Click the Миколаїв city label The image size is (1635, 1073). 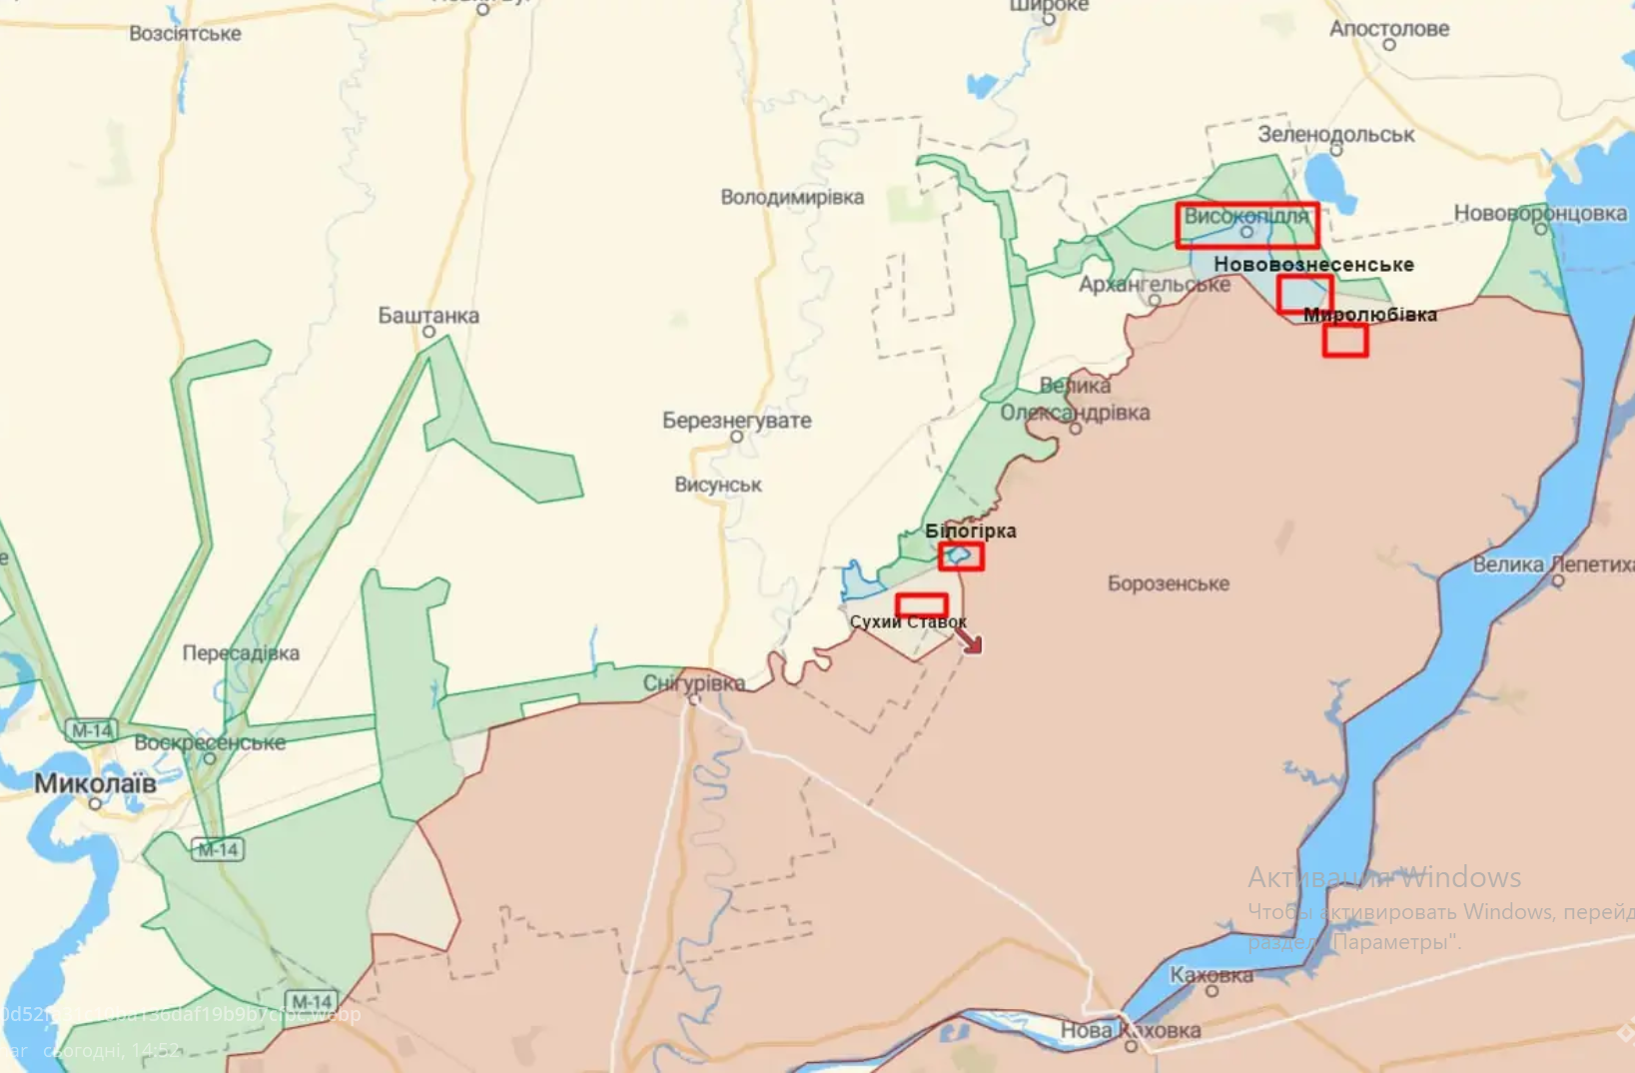(x=95, y=783)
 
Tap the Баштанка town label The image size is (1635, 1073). (x=427, y=316)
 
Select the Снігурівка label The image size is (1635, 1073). (x=693, y=683)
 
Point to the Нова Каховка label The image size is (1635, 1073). (x=1130, y=1030)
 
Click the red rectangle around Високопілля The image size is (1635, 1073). (x=1246, y=226)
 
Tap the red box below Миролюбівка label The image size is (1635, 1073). (x=1344, y=341)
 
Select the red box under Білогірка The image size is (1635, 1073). (x=961, y=556)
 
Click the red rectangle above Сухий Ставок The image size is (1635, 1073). (x=921, y=605)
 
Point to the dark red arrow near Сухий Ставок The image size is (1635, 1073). (x=968, y=639)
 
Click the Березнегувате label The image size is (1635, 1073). (x=736, y=421)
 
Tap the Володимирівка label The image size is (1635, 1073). (x=792, y=198)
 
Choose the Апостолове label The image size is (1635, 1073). (x=1388, y=29)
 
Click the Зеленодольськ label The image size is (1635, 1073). (x=1335, y=134)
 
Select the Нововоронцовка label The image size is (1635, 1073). (x=1539, y=213)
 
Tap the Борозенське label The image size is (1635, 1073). (x=1168, y=583)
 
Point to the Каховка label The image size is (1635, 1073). (x=1211, y=975)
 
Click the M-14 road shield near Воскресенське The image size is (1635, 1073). (x=91, y=730)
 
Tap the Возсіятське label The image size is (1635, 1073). (x=185, y=34)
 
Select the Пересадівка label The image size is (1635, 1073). (x=241, y=653)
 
